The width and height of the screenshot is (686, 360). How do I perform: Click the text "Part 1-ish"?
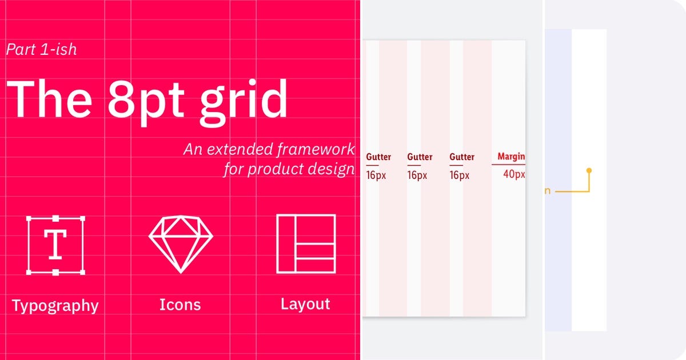(x=41, y=49)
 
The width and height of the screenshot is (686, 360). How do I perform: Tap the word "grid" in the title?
(x=243, y=99)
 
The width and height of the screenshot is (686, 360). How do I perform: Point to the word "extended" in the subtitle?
(x=239, y=150)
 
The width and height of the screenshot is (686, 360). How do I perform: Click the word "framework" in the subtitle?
(x=316, y=150)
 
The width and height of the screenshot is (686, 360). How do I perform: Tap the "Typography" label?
(x=55, y=306)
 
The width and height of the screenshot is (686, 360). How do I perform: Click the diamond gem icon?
(x=180, y=243)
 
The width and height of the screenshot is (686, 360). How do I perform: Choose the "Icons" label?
(x=180, y=305)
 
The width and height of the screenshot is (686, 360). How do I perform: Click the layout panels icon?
(x=306, y=243)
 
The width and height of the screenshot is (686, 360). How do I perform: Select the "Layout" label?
(x=305, y=304)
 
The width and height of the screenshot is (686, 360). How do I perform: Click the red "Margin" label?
(x=511, y=157)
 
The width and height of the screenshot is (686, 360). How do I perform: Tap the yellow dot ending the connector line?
(x=589, y=170)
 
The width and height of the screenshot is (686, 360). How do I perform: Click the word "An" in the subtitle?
(x=193, y=150)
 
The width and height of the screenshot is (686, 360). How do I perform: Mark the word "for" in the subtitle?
(x=234, y=170)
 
